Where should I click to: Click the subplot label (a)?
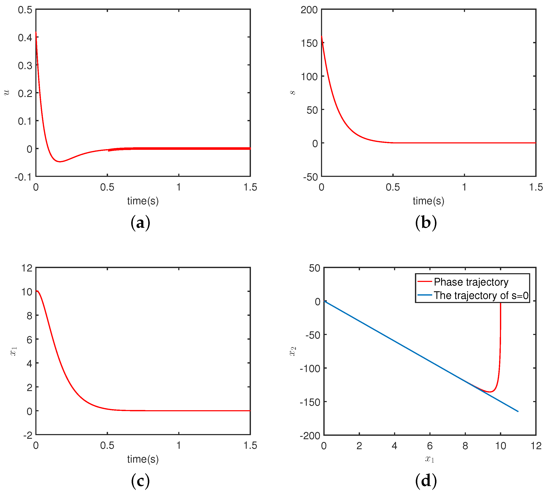coord(140,223)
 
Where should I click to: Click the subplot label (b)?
coord(426,223)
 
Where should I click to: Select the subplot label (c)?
coord(140,481)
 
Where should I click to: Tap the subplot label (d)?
coord(426,481)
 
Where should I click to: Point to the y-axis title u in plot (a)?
coord(7,92)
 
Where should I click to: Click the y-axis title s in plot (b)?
coord(292,92)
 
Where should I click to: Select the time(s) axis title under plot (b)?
coord(428,201)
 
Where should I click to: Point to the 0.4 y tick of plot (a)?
coord(25,38)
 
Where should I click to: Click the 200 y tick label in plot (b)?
coord(309,10)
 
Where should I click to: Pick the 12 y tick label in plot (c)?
coord(27,268)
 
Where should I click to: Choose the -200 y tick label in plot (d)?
coord(310,436)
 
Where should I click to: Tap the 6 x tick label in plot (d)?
coord(430,446)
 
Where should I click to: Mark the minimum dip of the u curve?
coord(60,162)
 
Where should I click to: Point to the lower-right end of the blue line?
coord(518,411)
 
